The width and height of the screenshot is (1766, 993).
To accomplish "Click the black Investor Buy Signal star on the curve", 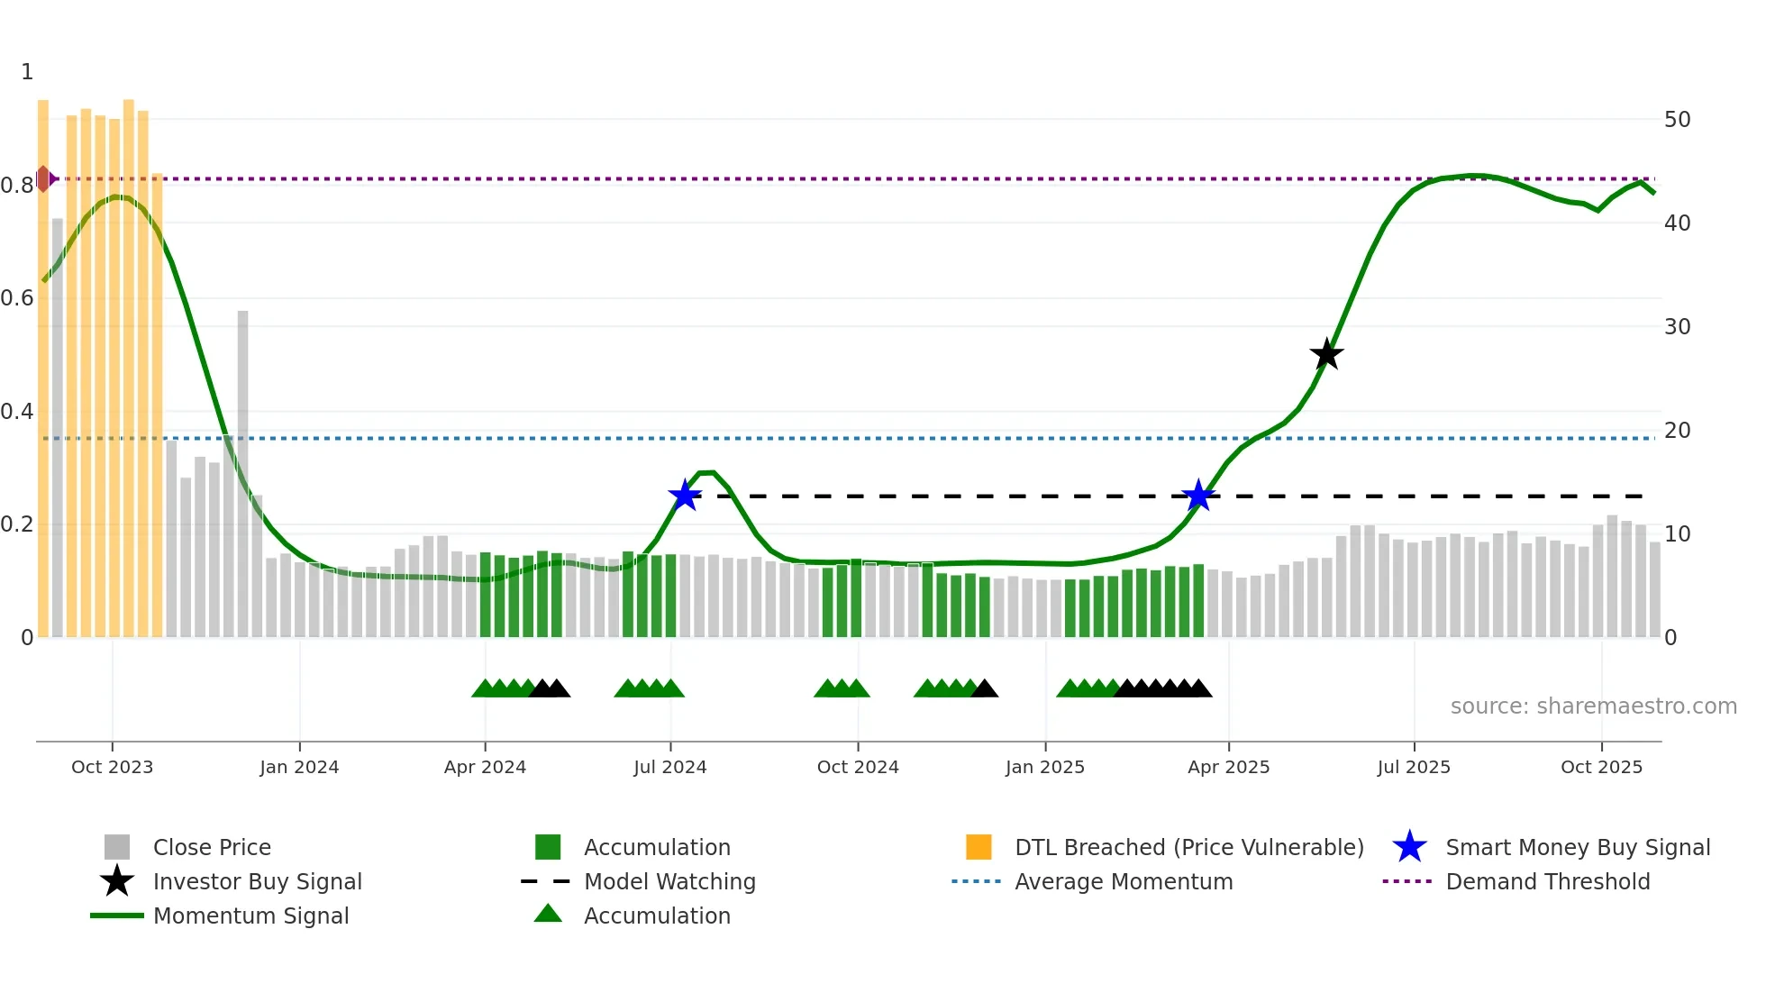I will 1326,354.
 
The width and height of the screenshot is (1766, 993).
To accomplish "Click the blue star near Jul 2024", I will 685,496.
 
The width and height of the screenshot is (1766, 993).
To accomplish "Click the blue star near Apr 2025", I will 1198,496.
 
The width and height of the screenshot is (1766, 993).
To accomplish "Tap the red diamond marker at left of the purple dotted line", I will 43,178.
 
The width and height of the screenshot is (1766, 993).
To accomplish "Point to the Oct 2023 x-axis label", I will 112,767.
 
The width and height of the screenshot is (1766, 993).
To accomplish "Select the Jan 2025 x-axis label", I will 1045,767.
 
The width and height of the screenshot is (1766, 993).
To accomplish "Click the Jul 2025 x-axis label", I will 1414,767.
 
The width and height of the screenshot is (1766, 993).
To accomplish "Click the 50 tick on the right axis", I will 1677,120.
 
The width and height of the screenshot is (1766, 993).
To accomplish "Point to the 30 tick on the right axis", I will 1677,327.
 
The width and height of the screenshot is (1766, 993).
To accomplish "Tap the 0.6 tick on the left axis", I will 17,298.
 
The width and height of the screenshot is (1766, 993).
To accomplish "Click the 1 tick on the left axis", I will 27,72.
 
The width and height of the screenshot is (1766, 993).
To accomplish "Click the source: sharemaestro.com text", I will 1593,706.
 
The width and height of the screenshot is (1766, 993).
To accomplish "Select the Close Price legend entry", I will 212,847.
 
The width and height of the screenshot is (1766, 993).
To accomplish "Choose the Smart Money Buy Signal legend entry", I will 1577,847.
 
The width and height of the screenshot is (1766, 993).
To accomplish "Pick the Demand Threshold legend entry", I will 1547,881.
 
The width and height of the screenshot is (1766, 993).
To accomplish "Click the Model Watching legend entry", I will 669,881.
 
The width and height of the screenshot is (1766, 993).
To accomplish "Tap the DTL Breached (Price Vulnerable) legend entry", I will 1188,847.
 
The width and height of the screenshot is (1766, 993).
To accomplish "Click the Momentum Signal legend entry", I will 250,916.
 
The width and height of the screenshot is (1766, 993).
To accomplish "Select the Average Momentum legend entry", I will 1123,881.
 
